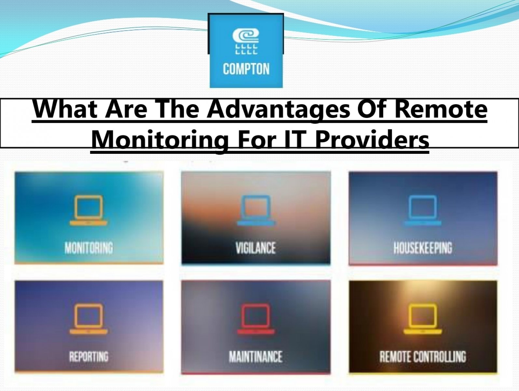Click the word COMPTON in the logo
(246, 69)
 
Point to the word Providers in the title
(372, 140)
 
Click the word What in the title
(65, 109)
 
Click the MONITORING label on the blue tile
(89, 248)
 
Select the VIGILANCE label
(256, 248)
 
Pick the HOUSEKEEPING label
(423, 248)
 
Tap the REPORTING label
(89, 357)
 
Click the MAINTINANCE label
(256, 357)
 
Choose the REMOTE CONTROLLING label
(423, 357)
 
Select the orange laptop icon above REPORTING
(89, 319)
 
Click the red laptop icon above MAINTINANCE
(256, 319)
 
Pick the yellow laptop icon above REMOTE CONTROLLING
(423, 319)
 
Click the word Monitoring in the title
(160, 140)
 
